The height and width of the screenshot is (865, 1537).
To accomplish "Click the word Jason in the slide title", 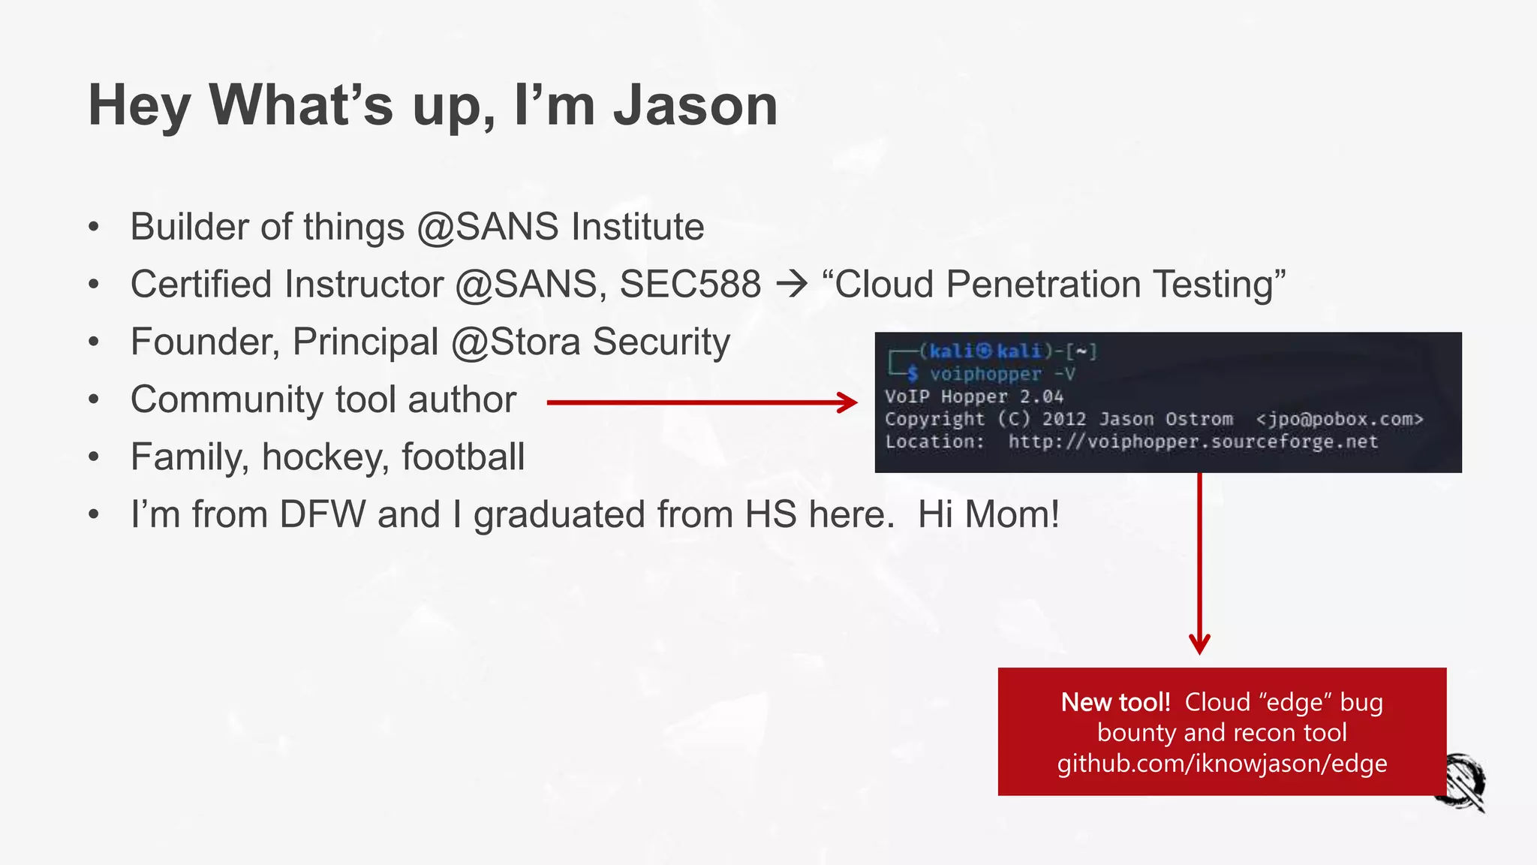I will tap(695, 106).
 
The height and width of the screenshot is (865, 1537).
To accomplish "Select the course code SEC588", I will tap(690, 285).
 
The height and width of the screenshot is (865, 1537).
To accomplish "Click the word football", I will tap(463, 457).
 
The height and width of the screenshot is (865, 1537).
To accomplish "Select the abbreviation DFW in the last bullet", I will tap(322, 515).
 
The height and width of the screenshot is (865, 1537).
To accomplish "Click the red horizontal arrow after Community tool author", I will tap(702, 403).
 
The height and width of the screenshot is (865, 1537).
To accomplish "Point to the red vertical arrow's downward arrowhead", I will tap(1199, 644).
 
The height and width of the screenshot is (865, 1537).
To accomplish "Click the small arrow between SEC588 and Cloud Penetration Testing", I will tap(792, 285).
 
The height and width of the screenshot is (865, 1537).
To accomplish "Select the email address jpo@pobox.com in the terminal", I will tap(1340, 419).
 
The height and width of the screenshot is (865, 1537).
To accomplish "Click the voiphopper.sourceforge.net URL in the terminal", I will tap(1193, 442).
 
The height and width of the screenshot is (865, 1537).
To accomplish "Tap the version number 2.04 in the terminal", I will tap(1042, 396).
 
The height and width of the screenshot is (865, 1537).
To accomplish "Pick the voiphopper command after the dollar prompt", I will tap(985, 374).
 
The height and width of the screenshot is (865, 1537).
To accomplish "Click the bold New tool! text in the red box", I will tap(1115, 702).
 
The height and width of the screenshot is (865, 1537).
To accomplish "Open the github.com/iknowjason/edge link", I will tap(1222, 764).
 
